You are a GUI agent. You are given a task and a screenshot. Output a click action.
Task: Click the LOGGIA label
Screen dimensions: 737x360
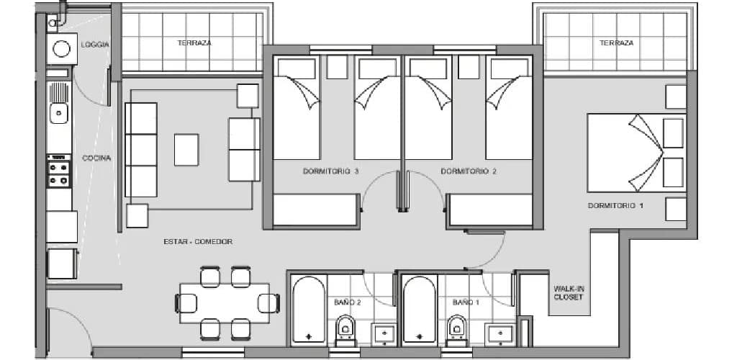point(95,45)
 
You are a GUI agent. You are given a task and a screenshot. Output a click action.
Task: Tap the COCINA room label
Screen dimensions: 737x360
point(96,158)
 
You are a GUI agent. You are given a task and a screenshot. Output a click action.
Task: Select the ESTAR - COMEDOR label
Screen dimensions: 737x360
point(198,242)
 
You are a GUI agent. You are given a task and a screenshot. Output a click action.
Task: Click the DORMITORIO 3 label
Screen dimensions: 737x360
point(331,171)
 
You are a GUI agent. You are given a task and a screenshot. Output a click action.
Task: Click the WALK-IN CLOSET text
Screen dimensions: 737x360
point(568,293)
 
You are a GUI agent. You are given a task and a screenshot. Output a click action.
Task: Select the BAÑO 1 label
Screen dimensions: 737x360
point(466,302)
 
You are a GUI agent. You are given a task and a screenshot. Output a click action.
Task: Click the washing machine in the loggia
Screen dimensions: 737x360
point(62,49)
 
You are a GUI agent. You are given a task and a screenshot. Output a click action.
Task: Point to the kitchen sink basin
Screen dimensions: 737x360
point(59,113)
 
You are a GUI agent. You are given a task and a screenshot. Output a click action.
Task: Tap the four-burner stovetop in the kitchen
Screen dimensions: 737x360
point(59,174)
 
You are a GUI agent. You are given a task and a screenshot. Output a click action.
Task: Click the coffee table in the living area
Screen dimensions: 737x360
point(186,150)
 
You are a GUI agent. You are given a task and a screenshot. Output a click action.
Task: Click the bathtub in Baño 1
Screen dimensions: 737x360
point(420,310)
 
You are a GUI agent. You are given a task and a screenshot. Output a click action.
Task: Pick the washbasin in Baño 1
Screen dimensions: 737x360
point(499,334)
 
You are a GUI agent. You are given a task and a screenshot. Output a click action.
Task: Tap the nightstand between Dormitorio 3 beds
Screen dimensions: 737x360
point(337,67)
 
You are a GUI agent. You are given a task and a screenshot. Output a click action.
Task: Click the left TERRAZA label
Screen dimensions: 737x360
point(194,42)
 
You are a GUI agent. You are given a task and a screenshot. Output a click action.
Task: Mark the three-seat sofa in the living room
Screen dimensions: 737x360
point(141,150)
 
